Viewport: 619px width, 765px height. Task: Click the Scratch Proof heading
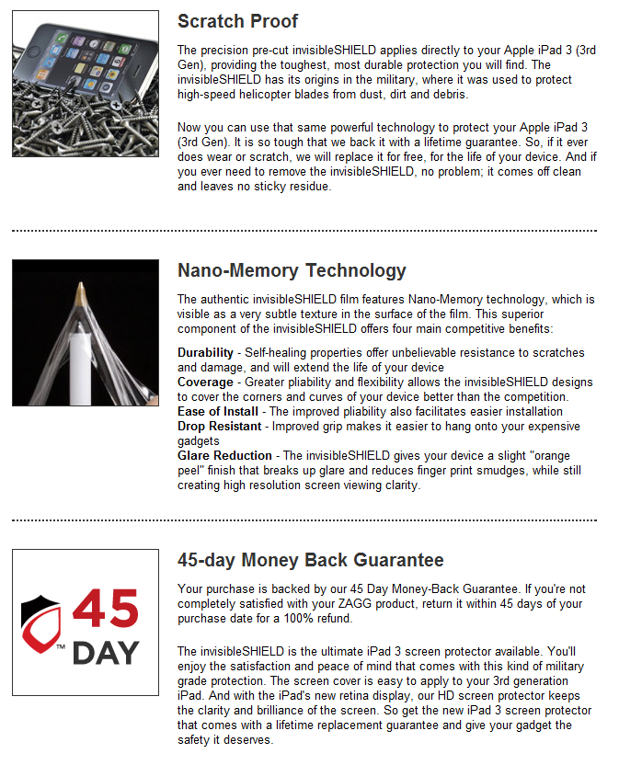point(237,21)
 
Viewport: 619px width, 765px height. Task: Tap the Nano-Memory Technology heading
point(291,270)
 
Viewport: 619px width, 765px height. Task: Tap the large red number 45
point(106,610)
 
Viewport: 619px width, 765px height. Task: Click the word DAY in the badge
point(105,652)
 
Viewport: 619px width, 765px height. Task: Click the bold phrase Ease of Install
point(217,411)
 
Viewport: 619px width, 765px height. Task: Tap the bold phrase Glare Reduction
point(224,455)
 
